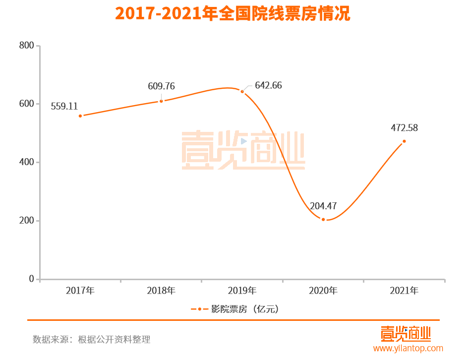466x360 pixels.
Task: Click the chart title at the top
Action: [233, 14]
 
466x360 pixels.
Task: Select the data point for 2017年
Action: [80, 116]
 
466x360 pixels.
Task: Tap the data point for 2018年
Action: [161, 101]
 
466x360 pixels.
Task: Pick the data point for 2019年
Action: [242, 91]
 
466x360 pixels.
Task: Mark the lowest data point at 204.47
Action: [323, 219]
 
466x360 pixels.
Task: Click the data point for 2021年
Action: [404, 141]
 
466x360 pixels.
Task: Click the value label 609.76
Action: [161, 86]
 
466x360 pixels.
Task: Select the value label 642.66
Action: [268, 85]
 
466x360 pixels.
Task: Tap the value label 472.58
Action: [404, 128]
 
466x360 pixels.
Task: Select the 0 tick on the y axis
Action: [31, 279]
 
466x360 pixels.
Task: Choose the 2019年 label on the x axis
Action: [242, 291]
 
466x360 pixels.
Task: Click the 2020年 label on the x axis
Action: [323, 291]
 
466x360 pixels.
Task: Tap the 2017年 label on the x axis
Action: [80, 291]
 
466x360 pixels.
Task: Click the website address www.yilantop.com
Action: [408, 349]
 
